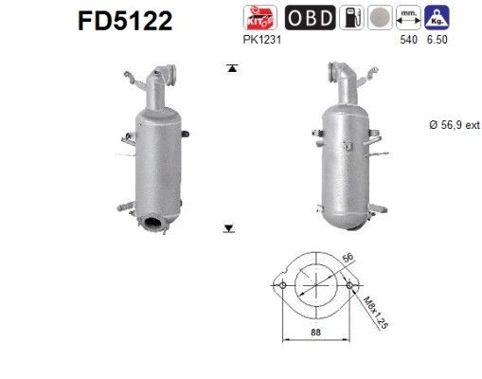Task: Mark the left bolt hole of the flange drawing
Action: click(280, 283)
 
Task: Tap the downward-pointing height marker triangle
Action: click(229, 227)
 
